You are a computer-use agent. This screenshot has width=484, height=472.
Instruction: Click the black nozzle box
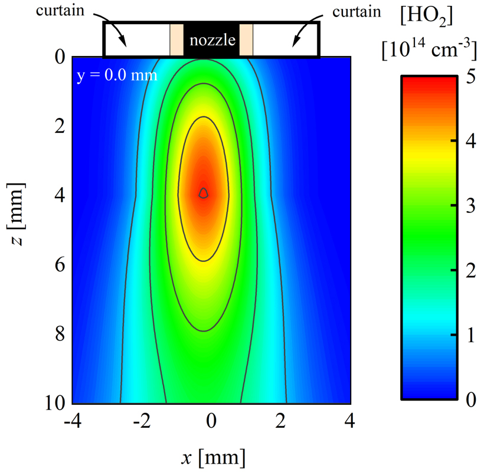tap(211, 40)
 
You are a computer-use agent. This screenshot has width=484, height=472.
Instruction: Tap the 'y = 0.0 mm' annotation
tap(117, 76)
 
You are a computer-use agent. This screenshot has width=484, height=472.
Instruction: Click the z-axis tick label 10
tap(54, 403)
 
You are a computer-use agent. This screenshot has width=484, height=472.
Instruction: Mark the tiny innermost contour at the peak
tap(204, 193)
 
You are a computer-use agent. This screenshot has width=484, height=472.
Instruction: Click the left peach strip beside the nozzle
tap(176, 40)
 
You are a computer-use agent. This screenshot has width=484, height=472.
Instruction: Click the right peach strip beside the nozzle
tap(246, 40)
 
